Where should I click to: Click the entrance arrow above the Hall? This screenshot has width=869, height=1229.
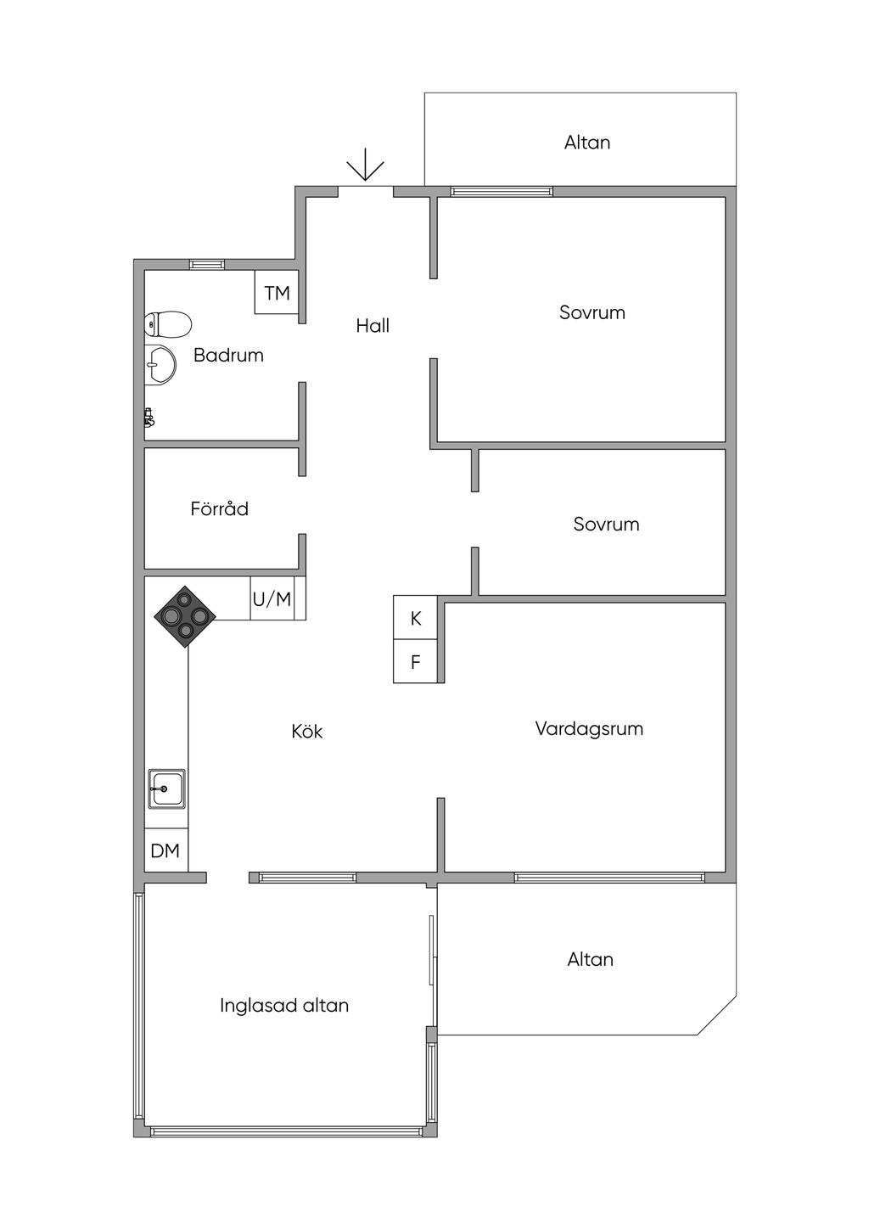click(x=365, y=165)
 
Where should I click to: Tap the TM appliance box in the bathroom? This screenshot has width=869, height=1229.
click(x=277, y=293)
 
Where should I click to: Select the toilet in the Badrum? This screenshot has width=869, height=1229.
click(x=168, y=323)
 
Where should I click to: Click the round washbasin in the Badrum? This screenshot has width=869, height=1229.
click(x=160, y=365)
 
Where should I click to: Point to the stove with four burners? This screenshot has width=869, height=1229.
click(x=185, y=616)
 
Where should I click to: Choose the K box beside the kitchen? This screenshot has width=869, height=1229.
click(x=415, y=618)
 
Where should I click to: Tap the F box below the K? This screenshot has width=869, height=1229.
click(x=415, y=662)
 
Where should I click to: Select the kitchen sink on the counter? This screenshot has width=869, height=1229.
click(x=166, y=788)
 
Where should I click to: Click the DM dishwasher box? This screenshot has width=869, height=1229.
click(x=165, y=850)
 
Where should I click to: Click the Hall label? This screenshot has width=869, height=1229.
click(x=373, y=325)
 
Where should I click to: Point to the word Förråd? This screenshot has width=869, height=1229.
click(x=219, y=508)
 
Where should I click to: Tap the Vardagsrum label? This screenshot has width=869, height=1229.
click(x=589, y=728)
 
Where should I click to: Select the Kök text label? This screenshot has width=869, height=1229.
click(x=306, y=731)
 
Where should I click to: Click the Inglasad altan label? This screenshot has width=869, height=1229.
click(x=284, y=1005)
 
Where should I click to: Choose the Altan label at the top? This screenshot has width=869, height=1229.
click(x=587, y=142)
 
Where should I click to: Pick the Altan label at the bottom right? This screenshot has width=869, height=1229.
click(x=590, y=959)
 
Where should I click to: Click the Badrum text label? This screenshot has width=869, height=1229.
click(x=228, y=355)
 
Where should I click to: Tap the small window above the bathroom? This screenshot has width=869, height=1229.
click(x=207, y=264)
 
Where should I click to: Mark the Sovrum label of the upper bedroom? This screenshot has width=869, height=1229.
click(x=591, y=311)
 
